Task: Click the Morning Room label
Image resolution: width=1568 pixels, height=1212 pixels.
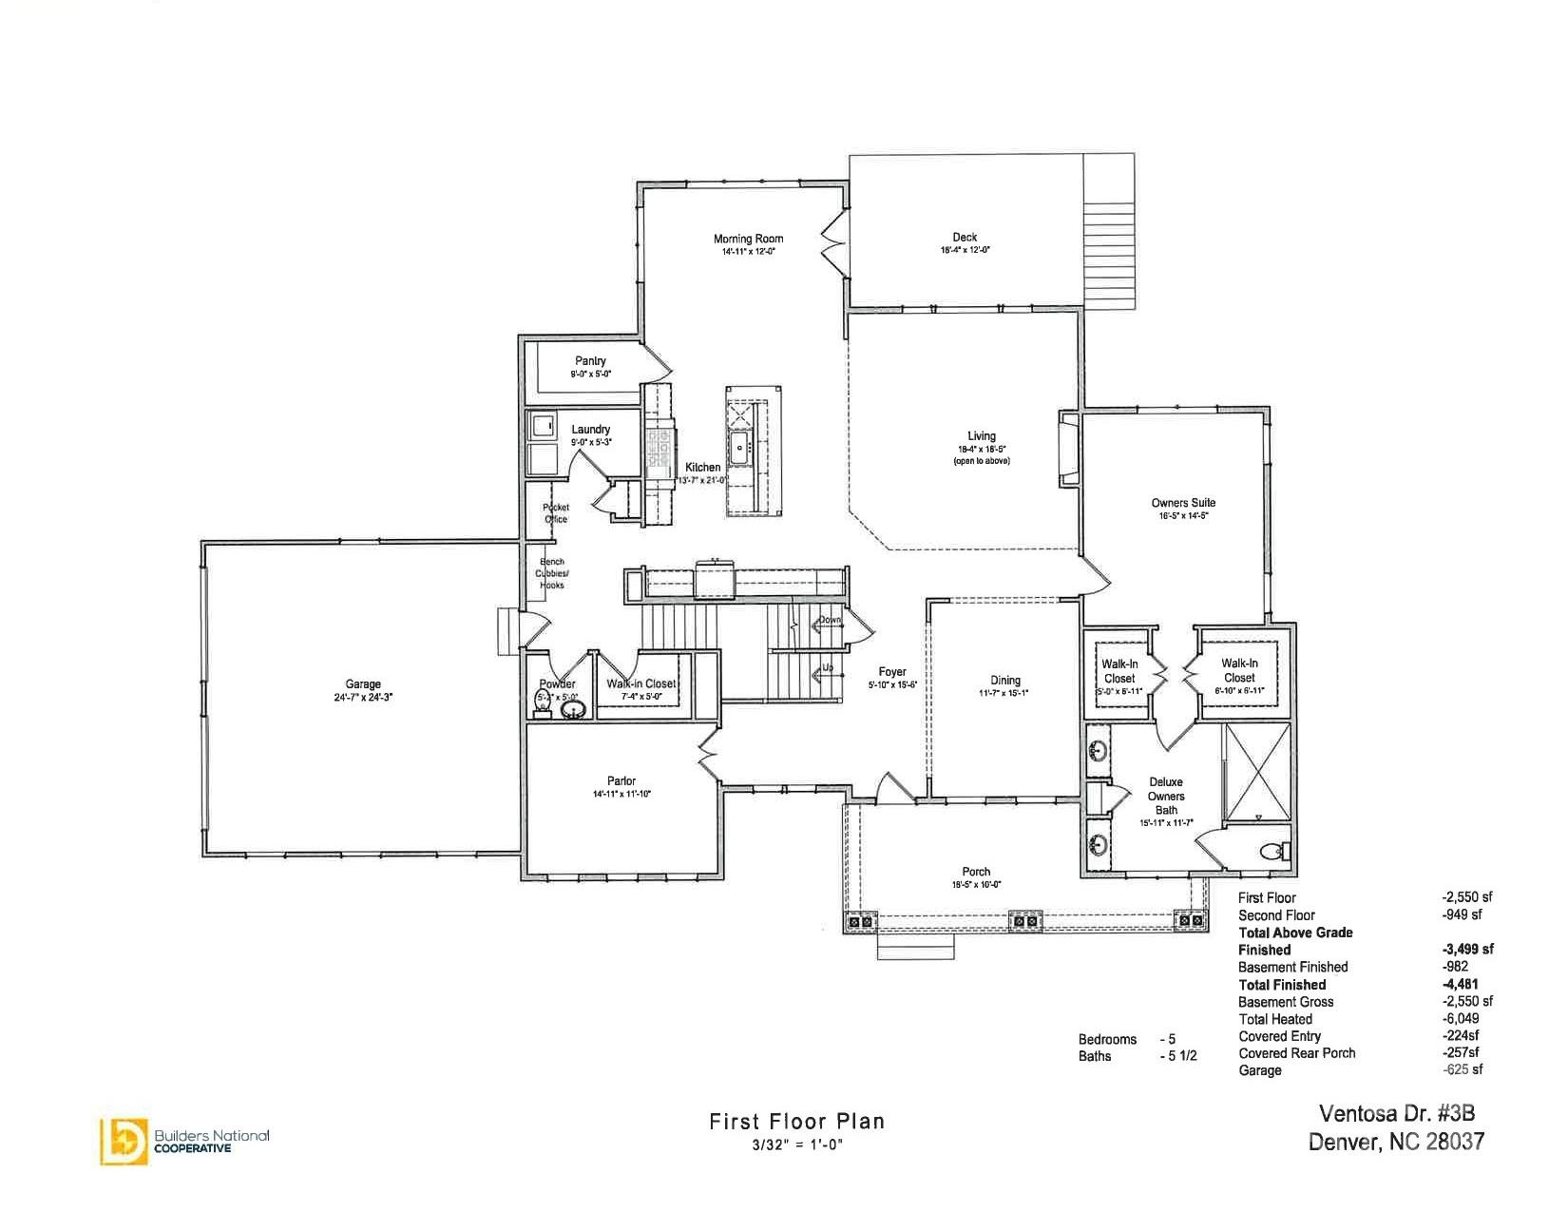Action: click(x=749, y=240)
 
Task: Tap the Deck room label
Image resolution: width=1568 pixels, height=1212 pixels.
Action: click(x=965, y=238)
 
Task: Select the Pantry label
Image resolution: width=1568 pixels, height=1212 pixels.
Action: click(x=590, y=361)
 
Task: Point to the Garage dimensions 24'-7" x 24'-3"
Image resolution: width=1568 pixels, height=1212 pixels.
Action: click(x=363, y=697)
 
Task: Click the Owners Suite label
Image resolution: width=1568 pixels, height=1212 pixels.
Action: click(x=1183, y=503)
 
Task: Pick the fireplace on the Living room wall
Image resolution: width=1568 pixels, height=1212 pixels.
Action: click(x=1069, y=448)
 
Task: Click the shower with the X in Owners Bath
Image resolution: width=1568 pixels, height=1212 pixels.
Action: click(x=1257, y=770)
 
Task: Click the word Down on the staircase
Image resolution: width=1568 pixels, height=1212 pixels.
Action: click(x=830, y=620)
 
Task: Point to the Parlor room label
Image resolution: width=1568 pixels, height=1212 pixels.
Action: click(x=621, y=781)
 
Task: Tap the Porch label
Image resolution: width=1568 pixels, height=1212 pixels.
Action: click(x=976, y=872)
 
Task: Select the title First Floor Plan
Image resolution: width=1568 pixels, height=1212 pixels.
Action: click(x=796, y=1122)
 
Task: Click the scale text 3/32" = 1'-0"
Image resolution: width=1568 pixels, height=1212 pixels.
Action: click(x=796, y=1145)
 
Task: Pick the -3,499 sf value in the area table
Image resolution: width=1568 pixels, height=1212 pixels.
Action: click(x=1467, y=950)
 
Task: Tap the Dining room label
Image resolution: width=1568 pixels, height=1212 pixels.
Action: click(x=1005, y=681)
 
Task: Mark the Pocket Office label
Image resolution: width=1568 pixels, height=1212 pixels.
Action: click(x=556, y=513)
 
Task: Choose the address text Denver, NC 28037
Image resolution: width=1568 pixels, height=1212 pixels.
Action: click(x=1396, y=1142)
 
